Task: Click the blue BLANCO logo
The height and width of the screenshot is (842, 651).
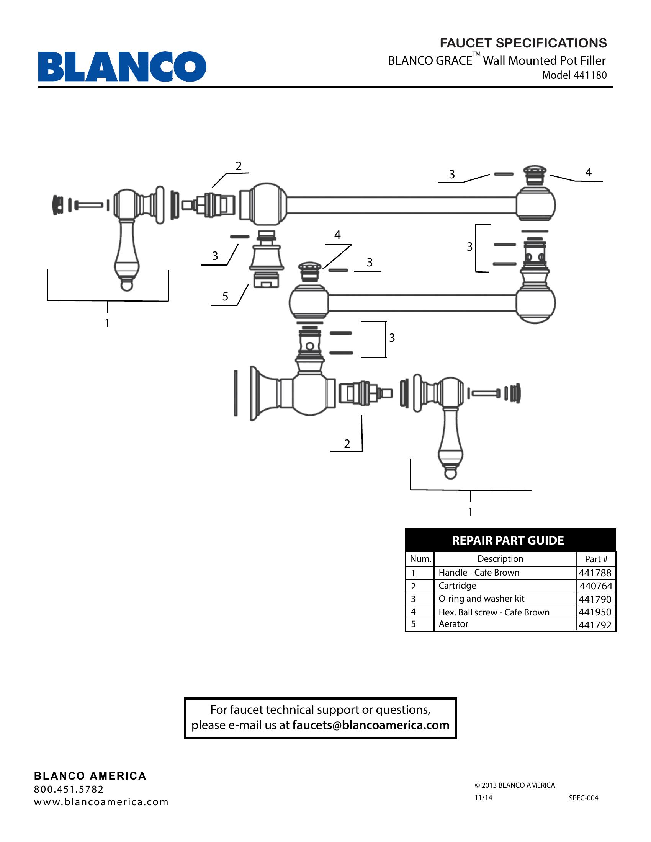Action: click(x=122, y=66)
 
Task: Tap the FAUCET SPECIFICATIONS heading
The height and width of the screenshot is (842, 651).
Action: click(x=523, y=43)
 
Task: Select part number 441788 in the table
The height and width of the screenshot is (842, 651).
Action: click(x=595, y=573)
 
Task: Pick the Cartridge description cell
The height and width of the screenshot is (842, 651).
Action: click(x=457, y=586)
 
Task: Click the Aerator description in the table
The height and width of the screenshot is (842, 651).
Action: click(x=453, y=624)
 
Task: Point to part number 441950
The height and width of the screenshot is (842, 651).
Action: click(x=595, y=612)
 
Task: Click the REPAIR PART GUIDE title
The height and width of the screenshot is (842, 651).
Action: click(x=507, y=540)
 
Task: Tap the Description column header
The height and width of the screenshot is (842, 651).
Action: click(x=500, y=559)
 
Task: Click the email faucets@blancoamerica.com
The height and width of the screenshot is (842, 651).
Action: click(x=371, y=725)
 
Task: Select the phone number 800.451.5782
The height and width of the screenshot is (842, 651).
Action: click(x=69, y=789)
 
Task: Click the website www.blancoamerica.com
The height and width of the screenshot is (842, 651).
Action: click(x=101, y=802)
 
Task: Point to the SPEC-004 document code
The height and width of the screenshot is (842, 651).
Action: click(x=584, y=798)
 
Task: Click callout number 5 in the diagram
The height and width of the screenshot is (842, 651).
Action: click(x=225, y=297)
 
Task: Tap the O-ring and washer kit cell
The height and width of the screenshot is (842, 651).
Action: click(x=481, y=599)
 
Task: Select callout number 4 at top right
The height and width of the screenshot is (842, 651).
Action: click(x=588, y=172)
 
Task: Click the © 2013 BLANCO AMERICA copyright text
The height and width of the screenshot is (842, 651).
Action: click(x=514, y=785)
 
